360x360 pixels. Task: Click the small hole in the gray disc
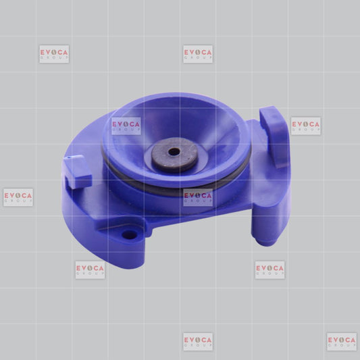tap(174, 152)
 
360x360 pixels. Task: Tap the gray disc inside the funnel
tap(174, 155)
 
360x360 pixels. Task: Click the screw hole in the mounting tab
tap(130, 234)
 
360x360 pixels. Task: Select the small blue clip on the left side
tap(77, 172)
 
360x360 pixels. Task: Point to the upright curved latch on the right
tap(274, 136)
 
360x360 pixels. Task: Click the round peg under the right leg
tap(265, 242)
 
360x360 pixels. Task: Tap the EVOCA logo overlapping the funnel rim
tap(126, 126)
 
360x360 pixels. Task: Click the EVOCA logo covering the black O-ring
tap(198, 197)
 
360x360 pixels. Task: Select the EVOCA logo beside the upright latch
tap(306, 126)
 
